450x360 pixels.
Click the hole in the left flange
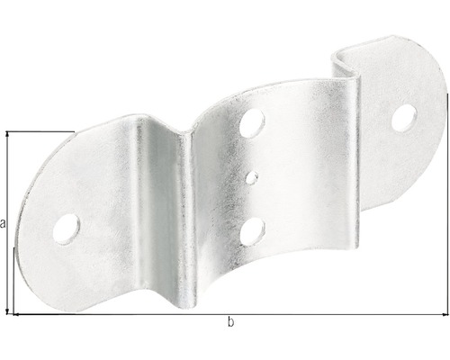coord(68,226)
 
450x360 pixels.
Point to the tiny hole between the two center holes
coord(255,175)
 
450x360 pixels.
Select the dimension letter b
coord(231,322)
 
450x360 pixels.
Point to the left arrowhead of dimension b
coord(15,313)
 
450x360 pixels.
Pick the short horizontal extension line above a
coord(40,132)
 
